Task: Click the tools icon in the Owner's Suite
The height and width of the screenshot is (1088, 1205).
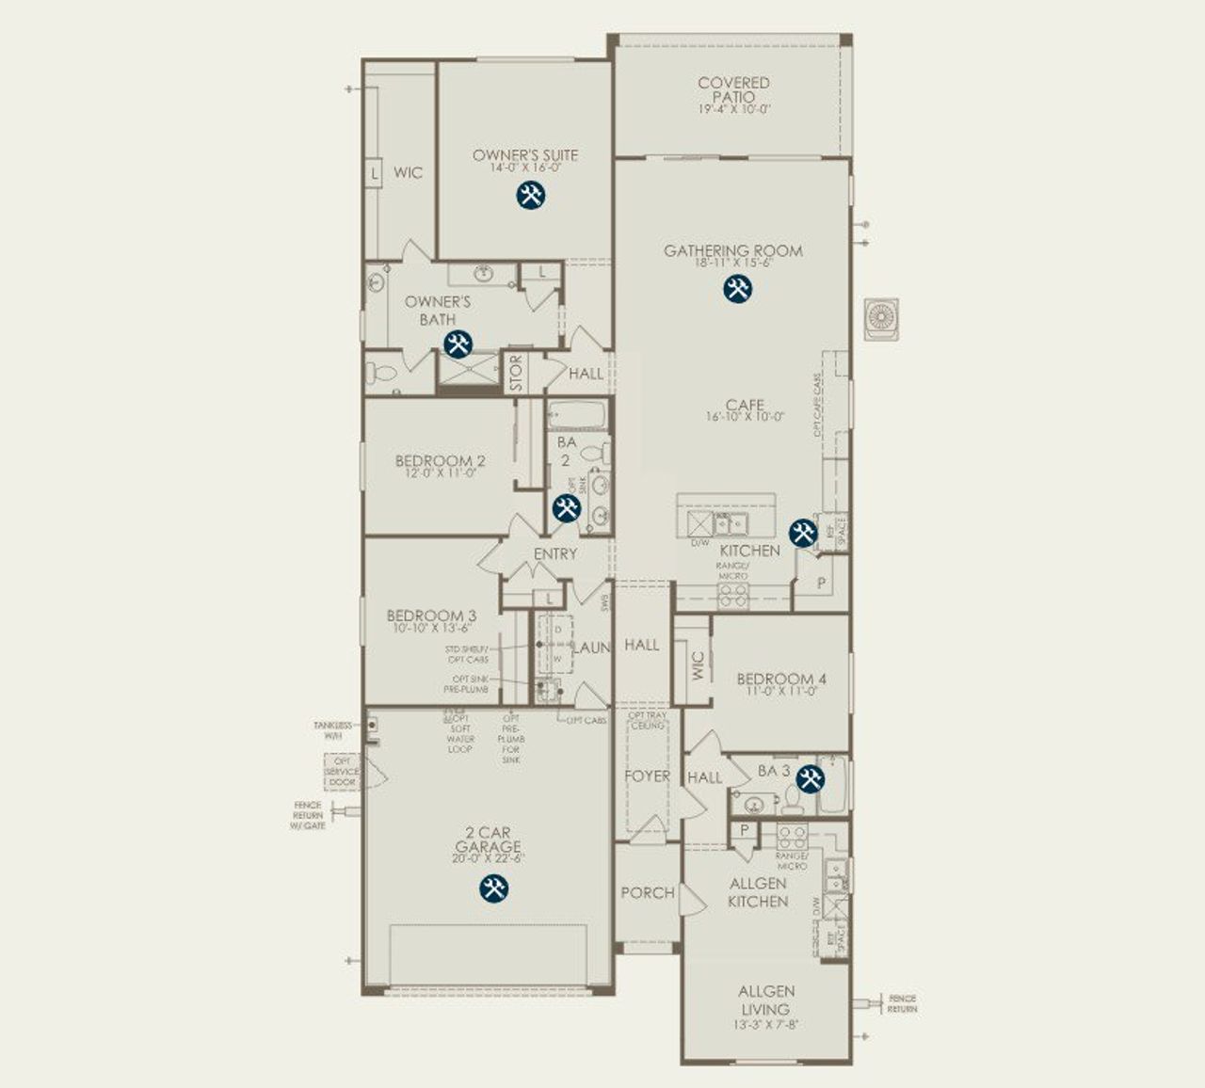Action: point(531,195)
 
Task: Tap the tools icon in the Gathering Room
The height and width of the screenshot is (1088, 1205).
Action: point(737,289)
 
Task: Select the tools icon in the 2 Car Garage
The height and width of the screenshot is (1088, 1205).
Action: point(493,888)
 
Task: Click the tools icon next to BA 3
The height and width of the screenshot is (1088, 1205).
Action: point(810,778)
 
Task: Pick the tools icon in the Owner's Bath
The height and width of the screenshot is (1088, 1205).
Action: point(458,344)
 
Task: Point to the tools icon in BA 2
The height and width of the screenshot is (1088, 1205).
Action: point(566,508)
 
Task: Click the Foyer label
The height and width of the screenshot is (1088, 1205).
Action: point(648,776)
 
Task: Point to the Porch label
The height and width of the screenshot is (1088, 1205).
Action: point(648,892)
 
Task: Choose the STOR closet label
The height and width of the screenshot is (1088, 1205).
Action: point(516,374)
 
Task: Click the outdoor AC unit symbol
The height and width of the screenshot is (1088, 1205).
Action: point(882,317)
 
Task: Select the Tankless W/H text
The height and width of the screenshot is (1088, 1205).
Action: point(333,730)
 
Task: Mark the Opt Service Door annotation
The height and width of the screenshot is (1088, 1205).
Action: point(342,772)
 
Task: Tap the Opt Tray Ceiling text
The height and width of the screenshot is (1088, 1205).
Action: point(648,720)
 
